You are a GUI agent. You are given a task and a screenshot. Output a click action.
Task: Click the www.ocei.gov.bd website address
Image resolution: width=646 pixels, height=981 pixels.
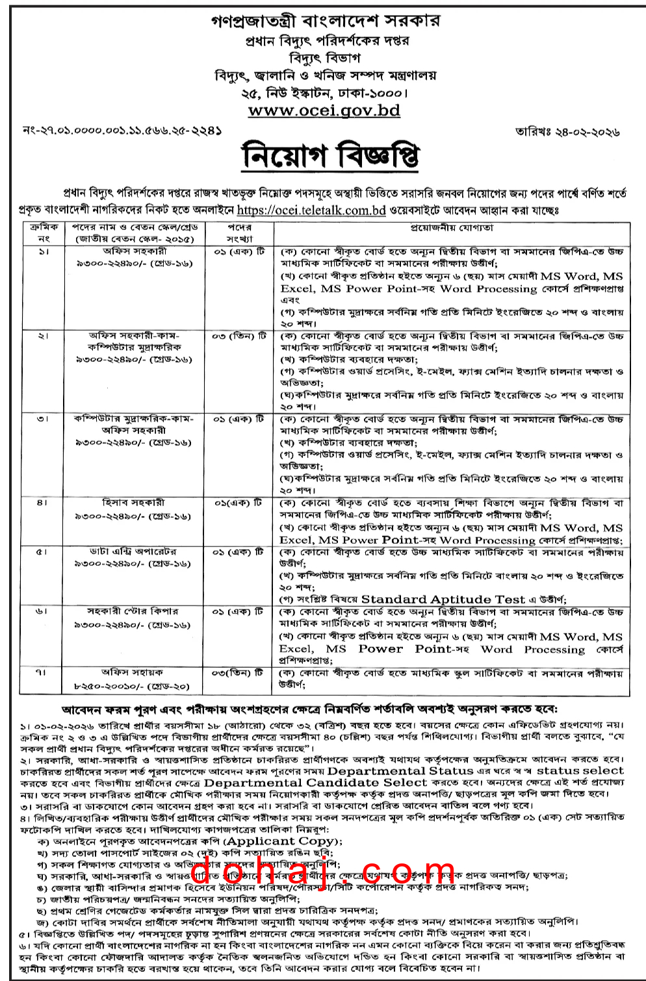pyautogui.click(x=324, y=110)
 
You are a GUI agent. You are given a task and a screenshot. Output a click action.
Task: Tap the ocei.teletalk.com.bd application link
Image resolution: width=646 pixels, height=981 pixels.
pyautogui.click(x=311, y=210)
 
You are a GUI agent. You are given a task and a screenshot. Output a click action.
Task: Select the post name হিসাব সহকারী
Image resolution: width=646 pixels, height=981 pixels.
pyautogui.click(x=133, y=503)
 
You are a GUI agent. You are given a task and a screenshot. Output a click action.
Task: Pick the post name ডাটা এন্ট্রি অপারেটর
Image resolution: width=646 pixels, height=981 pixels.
pyautogui.click(x=133, y=552)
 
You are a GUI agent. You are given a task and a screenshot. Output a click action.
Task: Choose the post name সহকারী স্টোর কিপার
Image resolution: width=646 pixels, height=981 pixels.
pyautogui.click(x=134, y=611)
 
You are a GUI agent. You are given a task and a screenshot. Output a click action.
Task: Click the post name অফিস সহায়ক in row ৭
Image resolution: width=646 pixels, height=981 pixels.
pyautogui.click(x=133, y=672)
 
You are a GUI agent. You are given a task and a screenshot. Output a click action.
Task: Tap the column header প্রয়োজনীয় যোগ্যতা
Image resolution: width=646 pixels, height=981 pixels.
pyautogui.click(x=452, y=228)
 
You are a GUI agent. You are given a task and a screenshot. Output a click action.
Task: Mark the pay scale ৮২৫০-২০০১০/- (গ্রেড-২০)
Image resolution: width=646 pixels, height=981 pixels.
pyautogui.click(x=133, y=686)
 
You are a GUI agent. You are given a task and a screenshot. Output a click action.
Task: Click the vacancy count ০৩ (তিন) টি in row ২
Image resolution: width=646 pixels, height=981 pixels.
pyautogui.click(x=239, y=337)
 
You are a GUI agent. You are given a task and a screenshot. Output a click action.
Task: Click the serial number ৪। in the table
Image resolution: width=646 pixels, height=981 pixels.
pyautogui.click(x=42, y=503)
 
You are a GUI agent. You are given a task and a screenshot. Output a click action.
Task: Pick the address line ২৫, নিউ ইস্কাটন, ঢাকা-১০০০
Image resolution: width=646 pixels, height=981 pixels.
pyautogui.click(x=324, y=93)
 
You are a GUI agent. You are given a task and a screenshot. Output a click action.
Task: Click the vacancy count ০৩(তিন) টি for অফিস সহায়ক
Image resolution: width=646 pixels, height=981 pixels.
pyautogui.click(x=239, y=672)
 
